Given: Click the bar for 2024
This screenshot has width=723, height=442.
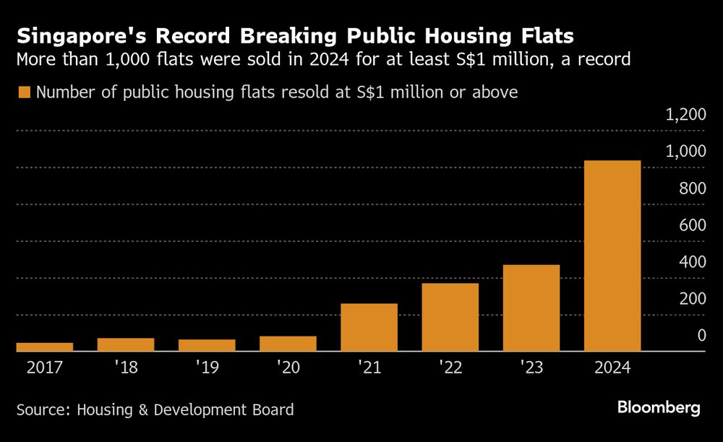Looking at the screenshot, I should click(612, 256).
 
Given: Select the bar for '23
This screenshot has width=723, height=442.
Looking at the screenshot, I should click(531, 308).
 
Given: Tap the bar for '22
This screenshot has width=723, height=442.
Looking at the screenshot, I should click(450, 317).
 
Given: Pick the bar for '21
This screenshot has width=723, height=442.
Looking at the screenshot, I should click(369, 327).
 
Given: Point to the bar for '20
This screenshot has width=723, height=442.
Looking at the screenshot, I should click(288, 344).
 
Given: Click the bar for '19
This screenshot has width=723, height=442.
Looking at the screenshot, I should click(207, 345).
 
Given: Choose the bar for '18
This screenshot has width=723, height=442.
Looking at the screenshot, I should click(126, 344).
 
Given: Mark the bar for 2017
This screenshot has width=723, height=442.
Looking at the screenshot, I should click(45, 347).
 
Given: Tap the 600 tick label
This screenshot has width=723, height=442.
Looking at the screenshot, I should click(693, 225).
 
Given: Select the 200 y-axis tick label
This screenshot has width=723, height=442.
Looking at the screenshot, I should click(693, 299).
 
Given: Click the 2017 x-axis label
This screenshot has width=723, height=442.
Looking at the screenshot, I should click(45, 368).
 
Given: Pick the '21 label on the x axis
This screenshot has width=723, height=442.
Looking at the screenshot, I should click(369, 368).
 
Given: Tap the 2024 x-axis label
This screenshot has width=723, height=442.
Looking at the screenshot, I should click(612, 368).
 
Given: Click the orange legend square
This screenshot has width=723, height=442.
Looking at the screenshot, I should click(24, 92).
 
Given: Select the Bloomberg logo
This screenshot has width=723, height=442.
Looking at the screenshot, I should click(659, 408).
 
